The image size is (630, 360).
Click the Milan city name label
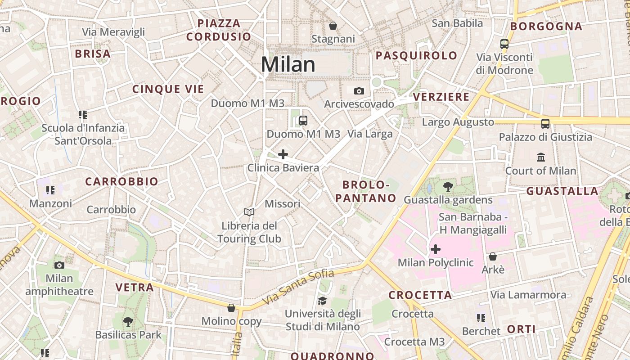(288, 64)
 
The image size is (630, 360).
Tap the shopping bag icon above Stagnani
(333, 26)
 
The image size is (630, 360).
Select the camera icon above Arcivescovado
(359, 91)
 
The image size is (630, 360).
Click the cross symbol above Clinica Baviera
(283, 155)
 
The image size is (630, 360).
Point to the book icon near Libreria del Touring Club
(249, 211)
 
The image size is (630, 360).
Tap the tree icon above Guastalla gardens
(448, 186)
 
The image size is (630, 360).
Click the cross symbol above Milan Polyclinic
(436, 249)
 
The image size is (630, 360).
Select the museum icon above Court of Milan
(541, 157)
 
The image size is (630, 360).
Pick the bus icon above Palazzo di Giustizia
(545, 123)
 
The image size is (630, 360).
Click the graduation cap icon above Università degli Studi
(322, 300)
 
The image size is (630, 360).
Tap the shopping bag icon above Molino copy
(231, 308)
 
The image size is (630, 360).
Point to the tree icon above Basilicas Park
(128, 321)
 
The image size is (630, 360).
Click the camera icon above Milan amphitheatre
(59, 265)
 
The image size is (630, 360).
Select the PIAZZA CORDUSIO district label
(219, 30)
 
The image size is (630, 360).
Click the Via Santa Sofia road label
(298, 287)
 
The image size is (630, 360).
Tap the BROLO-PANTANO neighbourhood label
(369, 191)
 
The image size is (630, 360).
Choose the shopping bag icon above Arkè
(493, 256)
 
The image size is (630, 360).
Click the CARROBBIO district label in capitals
(121, 182)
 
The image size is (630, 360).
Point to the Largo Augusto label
(458, 122)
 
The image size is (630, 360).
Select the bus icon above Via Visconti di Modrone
(504, 44)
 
